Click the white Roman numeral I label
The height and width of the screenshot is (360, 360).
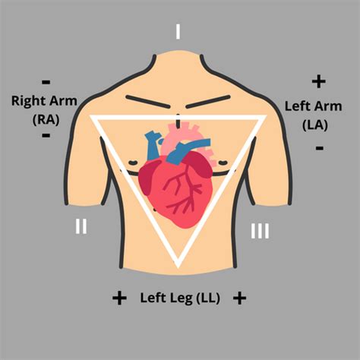pyautogui.click(x=178, y=31)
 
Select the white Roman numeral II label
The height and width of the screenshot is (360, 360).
pyautogui.click(x=81, y=226)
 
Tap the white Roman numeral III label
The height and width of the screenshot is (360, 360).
pyautogui.click(x=260, y=231)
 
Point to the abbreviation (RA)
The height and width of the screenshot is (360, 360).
pyautogui.click(x=46, y=119)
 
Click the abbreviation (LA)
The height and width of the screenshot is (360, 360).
pyautogui.click(x=315, y=125)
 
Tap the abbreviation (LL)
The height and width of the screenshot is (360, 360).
pyautogui.click(x=208, y=298)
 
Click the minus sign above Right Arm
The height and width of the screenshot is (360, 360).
pyautogui.click(x=46, y=82)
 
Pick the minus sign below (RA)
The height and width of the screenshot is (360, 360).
pyautogui.click(x=46, y=135)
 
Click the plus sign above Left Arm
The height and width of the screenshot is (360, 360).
pyautogui.click(x=318, y=81)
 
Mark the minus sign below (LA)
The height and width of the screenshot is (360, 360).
pyautogui.click(x=320, y=147)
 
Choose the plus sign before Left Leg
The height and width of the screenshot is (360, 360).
pyautogui.click(x=119, y=298)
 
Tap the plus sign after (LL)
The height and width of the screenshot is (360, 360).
pyautogui.click(x=239, y=298)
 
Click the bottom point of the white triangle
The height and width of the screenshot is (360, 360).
pyautogui.click(x=178, y=267)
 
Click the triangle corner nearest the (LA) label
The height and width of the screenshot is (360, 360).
pyautogui.click(x=265, y=117)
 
